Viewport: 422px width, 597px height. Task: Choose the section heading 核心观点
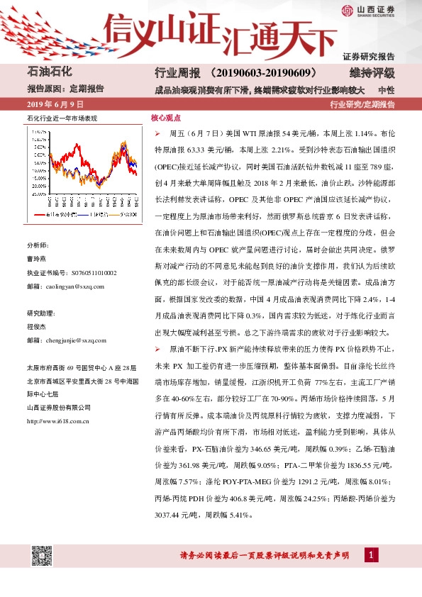(x=165, y=119)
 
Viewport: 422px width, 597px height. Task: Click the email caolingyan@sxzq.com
(x=74, y=286)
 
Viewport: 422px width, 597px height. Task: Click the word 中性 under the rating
(x=386, y=90)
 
